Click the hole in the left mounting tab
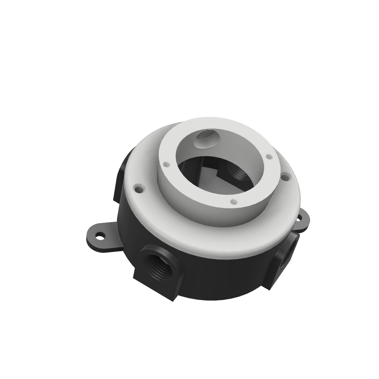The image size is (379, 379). click(100, 235)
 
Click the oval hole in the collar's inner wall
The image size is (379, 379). click(207, 138)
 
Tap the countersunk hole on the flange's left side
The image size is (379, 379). click(140, 189)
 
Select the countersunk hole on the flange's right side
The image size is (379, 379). click(285, 177)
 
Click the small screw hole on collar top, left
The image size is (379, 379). click(166, 164)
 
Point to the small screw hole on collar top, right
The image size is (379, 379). click(269, 157)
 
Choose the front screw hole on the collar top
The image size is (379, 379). click(233, 202)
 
